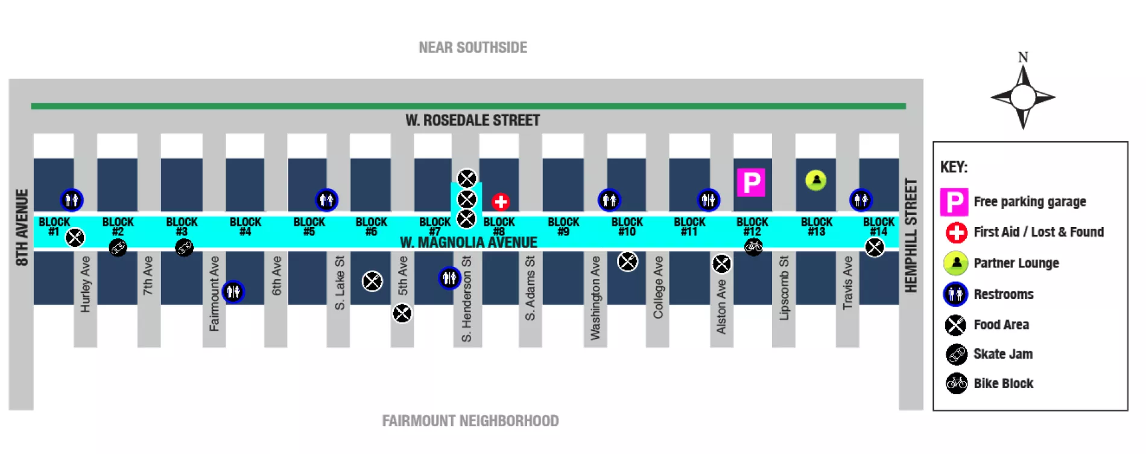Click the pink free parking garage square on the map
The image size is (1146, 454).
click(751, 182)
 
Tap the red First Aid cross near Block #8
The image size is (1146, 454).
click(500, 202)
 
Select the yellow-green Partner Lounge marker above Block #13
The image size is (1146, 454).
click(815, 180)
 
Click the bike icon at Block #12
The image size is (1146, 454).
click(753, 246)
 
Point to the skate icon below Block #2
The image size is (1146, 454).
click(118, 248)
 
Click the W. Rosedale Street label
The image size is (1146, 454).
click(472, 121)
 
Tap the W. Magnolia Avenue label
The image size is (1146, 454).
click(468, 243)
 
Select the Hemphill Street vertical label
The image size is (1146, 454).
click(911, 235)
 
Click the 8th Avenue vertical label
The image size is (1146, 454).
click(22, 228)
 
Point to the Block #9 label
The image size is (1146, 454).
click(563, 226)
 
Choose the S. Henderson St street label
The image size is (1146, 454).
click(466, 299)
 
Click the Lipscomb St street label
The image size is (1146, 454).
click(784, 288)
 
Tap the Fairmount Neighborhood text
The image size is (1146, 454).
click(470, 421)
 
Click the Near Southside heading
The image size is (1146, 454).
click(473, 48)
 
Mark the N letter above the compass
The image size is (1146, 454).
click(1023, 57)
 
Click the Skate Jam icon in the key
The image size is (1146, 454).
click(956, 354)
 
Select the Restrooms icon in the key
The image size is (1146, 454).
click(955, 294)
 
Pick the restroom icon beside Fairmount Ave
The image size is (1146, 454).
click(233, 292)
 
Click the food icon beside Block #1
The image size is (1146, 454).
click(75, 238)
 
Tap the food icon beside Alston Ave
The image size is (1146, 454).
click(721, 264)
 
